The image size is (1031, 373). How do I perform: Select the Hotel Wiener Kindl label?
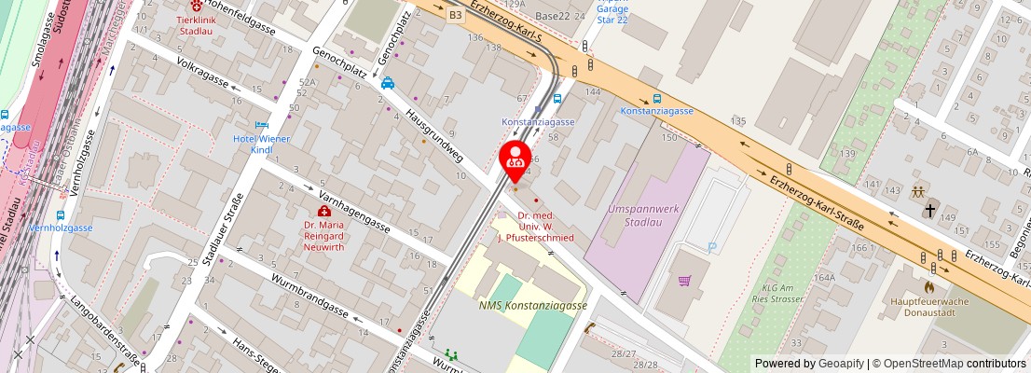(x=261, y=144)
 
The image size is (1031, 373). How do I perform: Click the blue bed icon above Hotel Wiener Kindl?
(x=262, y=125)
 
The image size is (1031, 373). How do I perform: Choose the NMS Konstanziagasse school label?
(x=532, y=306)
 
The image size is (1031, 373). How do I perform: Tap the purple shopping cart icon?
(x=685, y=280)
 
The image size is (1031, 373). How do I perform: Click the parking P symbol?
(x=713, y=247)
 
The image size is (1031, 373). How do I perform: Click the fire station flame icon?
(x=929, y=287)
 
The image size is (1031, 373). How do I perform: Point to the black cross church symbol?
(x=929, y=212)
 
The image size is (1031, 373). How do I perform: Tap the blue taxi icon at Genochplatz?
(x=388, y=83)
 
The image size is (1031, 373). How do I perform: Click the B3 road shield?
(x=455, y=15)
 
